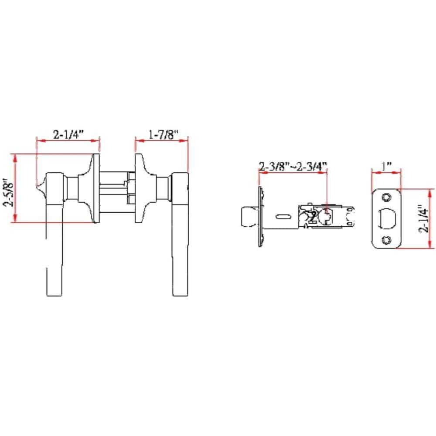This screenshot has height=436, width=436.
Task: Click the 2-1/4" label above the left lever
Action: (68, 135)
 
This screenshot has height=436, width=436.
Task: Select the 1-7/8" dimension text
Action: (161, 135)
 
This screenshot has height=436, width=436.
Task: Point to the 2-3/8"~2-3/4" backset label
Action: (293, 167)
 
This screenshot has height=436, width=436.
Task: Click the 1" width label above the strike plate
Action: (386, 167)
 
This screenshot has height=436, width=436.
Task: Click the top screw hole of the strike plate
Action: (385, 197)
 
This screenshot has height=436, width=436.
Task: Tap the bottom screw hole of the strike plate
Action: (385, 240)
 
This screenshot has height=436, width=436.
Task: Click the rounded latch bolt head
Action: (248, 216)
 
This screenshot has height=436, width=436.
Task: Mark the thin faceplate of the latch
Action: (260, 216)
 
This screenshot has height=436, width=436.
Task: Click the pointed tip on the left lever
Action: (39, 188)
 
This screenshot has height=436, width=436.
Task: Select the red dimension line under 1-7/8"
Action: (161, 140)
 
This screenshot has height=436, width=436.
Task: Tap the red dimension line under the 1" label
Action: (386, 173)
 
